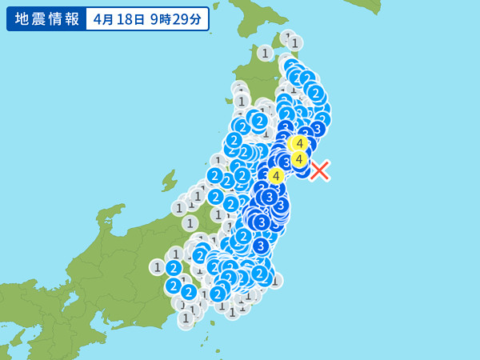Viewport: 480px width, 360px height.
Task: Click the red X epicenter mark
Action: [320, 170]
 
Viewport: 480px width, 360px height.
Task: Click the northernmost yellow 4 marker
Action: [299, 143]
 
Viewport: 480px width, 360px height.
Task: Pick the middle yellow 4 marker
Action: [299, 159]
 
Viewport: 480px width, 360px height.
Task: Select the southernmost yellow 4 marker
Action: [276, 175]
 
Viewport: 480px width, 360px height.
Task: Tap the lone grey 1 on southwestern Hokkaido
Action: [265, 53]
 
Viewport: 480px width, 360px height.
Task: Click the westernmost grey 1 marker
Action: [158, 267]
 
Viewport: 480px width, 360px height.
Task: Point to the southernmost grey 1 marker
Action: [186, 318]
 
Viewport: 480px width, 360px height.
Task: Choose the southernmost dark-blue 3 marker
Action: [261, 246]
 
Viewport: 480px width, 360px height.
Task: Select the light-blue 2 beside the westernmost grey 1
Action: [174, 268]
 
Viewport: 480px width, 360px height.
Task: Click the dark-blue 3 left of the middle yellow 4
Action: [286, 162]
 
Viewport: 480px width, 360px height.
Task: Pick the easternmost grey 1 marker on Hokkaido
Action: [295, 42]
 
